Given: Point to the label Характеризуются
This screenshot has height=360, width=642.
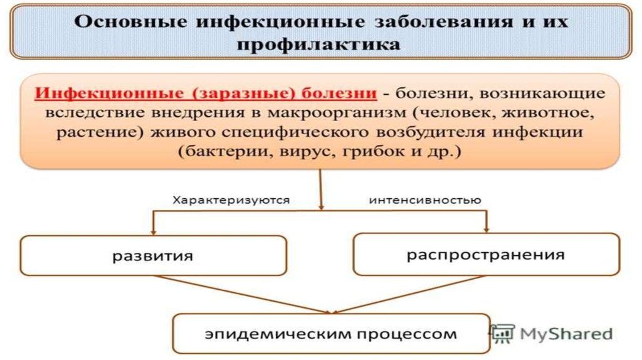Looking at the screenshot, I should click(x=231, y=201).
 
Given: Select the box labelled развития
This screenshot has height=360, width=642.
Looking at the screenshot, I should click(x=153, y=255).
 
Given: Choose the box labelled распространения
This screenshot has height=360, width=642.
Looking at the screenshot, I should click(x=486, y=255).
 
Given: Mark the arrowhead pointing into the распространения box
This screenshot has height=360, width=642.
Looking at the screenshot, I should click(x=486, y=228).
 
